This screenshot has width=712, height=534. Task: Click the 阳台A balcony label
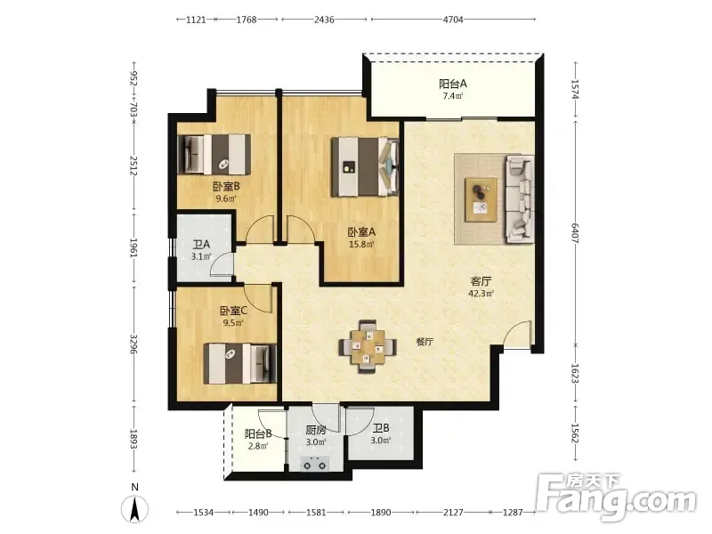coord(453,84)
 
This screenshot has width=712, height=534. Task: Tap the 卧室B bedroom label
coord(226,186)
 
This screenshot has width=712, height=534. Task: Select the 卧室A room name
coord(361,232)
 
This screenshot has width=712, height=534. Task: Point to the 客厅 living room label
coord(481,281)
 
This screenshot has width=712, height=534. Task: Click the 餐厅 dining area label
coord(425,342)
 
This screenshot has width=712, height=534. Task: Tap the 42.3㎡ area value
coord(481,294)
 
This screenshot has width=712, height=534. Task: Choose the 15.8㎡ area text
coord(361,244)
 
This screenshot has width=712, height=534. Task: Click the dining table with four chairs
coord(368,346)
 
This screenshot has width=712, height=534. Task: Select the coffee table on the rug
coord(481,199)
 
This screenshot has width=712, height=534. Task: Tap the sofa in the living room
coord(520,198)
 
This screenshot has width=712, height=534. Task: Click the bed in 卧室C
coord(239,363)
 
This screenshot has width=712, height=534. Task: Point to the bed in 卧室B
coord(214,154)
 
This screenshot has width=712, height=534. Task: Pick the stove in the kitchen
coord(315,464)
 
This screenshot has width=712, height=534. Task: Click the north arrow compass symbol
coord(134,508)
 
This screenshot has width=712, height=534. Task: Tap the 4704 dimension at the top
coord(453,20)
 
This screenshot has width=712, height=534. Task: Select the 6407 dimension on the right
coord(575,233)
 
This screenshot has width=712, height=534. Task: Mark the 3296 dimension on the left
coord(134,345)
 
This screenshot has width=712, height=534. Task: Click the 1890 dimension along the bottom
coord(381,513)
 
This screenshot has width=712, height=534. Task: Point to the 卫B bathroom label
coord(381,428)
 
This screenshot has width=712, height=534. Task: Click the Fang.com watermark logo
coord(616,497)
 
